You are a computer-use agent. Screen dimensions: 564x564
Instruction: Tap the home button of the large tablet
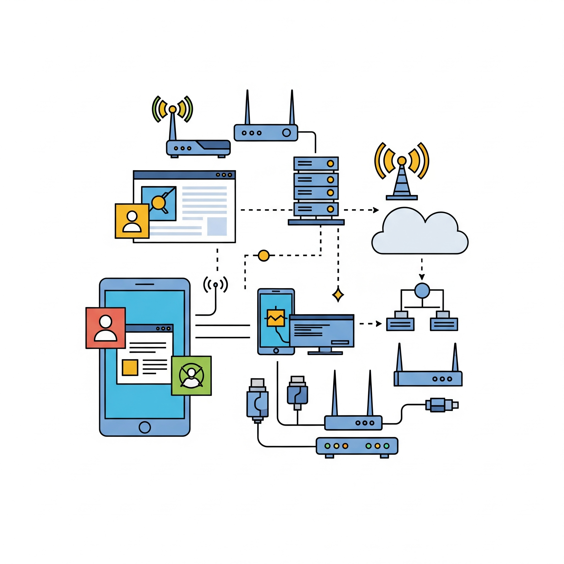[145, 427]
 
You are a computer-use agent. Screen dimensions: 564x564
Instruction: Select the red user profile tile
[105, 328]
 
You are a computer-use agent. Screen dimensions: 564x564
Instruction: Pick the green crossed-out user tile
[191, 376]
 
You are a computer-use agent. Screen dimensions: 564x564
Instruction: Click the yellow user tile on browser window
[132, 221]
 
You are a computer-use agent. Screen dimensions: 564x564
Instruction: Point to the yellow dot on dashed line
[264, 256]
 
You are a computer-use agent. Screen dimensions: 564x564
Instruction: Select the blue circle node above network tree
[422, 291]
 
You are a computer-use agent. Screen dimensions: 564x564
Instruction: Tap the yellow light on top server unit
[330, 164]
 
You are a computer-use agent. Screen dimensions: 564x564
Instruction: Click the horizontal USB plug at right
[441, 405]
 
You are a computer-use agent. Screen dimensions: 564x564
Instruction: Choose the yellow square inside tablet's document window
[130, 367]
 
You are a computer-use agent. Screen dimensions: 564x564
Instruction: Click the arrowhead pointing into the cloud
[376, 210]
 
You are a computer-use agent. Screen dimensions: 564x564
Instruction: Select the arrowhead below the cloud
[422, 277]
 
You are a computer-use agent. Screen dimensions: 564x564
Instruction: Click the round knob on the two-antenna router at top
[286, 133]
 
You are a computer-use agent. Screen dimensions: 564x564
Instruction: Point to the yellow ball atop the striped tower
[402, 161]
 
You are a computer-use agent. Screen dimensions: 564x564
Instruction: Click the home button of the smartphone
[276, 351]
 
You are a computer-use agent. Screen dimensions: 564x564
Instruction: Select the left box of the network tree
[400, 324]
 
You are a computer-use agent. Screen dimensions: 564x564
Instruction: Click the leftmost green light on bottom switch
[327, 446]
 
